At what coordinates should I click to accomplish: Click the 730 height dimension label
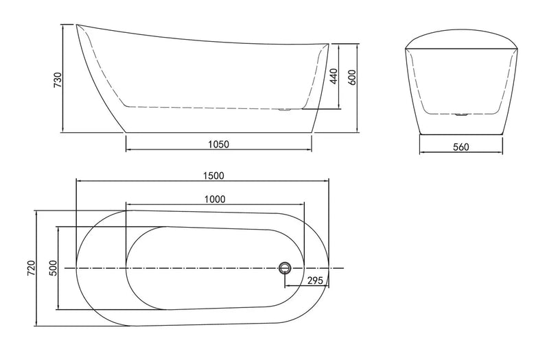(58, 80)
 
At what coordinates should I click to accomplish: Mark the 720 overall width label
(30, 268)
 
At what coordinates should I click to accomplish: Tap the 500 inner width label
(53, 268)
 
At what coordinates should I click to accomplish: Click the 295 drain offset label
(314, 280)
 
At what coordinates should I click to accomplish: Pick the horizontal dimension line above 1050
(218, 151)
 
